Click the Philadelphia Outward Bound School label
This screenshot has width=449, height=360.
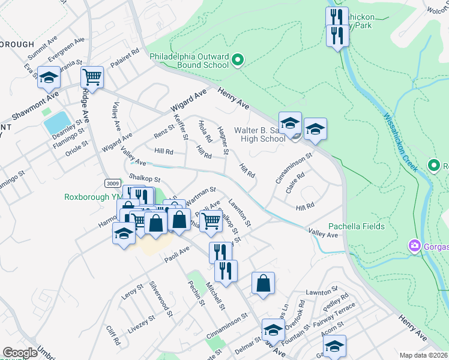point(189,61)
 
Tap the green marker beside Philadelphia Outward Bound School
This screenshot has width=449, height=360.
point(238,59)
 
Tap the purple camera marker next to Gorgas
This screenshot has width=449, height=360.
point(414,246)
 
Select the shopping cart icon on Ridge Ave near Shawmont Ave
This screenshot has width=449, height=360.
point(92,77)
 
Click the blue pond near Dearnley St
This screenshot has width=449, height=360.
point(57,123)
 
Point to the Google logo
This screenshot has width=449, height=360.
point(20,353)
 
